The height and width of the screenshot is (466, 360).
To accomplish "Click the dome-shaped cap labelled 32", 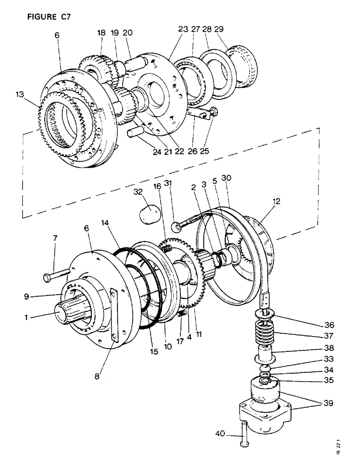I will (x=150, y=216).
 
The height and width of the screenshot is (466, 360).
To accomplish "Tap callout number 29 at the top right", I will (x=218, y=29).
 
